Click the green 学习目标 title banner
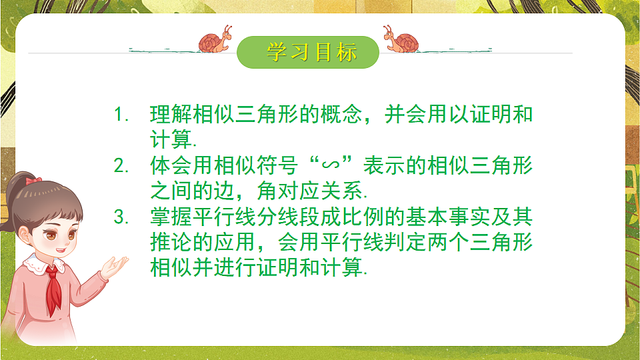tap(308, 52)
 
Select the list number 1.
tap(121, 115)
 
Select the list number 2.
tap(121, 166)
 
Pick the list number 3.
tap(121, 217)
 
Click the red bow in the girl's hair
tap(33, 181)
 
